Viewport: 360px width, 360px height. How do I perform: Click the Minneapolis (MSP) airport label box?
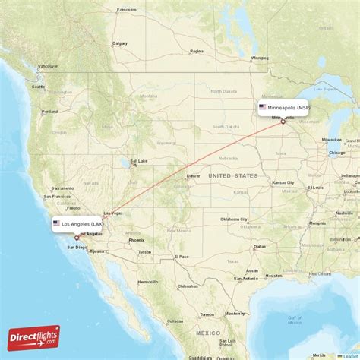[283, 108]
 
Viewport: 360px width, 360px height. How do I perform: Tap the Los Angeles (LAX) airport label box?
[78, 224]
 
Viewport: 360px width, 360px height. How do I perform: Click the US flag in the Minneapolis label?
[263, 108]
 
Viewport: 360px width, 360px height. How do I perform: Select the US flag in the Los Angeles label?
[56, 224]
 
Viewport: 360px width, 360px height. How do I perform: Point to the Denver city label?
[193, 176]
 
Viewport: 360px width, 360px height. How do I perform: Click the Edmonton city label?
[126, 11]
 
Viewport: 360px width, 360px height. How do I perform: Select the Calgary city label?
[120, 43]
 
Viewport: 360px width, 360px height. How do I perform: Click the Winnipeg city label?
[260, 58]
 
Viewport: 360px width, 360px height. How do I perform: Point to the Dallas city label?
[261, 247]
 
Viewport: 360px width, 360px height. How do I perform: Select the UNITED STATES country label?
[234, 176]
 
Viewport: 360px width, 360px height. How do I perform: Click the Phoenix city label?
[136, 240]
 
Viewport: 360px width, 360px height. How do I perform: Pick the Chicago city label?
[336, 153]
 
